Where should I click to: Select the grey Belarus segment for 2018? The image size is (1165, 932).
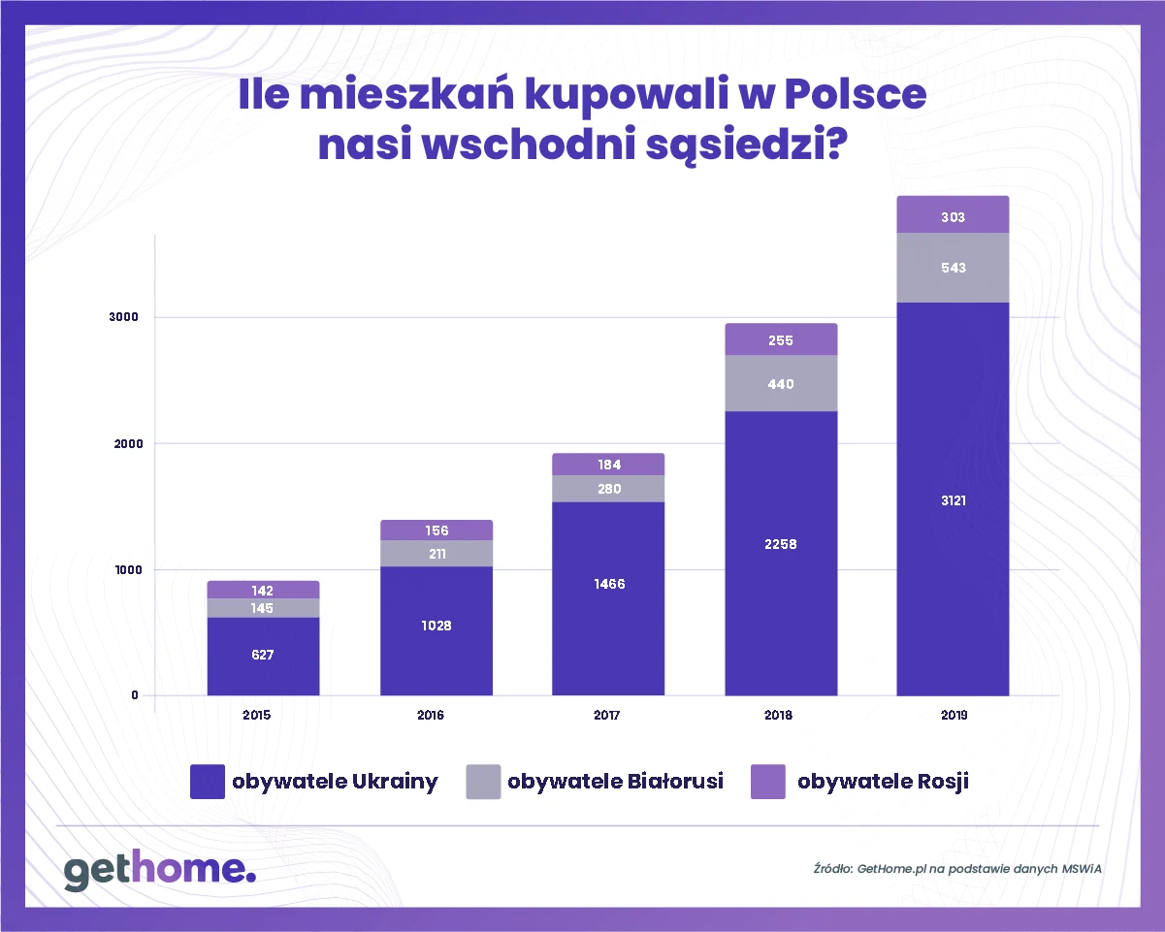pyautogui.click(x=781, y=384)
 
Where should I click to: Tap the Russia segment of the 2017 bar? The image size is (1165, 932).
pyautogui.click(x=608, y=465)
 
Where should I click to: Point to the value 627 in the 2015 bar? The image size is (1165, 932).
pyautogui.click(x=262, y=655)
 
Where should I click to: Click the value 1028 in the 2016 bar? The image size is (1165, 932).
pyautogui.click(x=436, y=626)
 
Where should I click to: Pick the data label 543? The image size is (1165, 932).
pyautogui.click(x=953, y=268)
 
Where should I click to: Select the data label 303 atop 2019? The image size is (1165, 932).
pyautogui.click(x=953, y=217)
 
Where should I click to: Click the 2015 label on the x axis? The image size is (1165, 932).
pyautogui.click(x=257, y=716)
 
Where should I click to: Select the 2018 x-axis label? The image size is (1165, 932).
pyautogui.click(x=777, y=716)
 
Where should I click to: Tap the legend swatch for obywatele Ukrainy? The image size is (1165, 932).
pyautogui.click(x=208, y=782)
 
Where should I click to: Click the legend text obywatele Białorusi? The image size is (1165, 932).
pyautogui.click(x=615, y=782)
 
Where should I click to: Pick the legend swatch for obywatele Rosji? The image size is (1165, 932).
pyautogui.click(x=767, y=782)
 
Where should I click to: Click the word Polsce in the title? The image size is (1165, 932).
pyautogui.click(x=854, y=100)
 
